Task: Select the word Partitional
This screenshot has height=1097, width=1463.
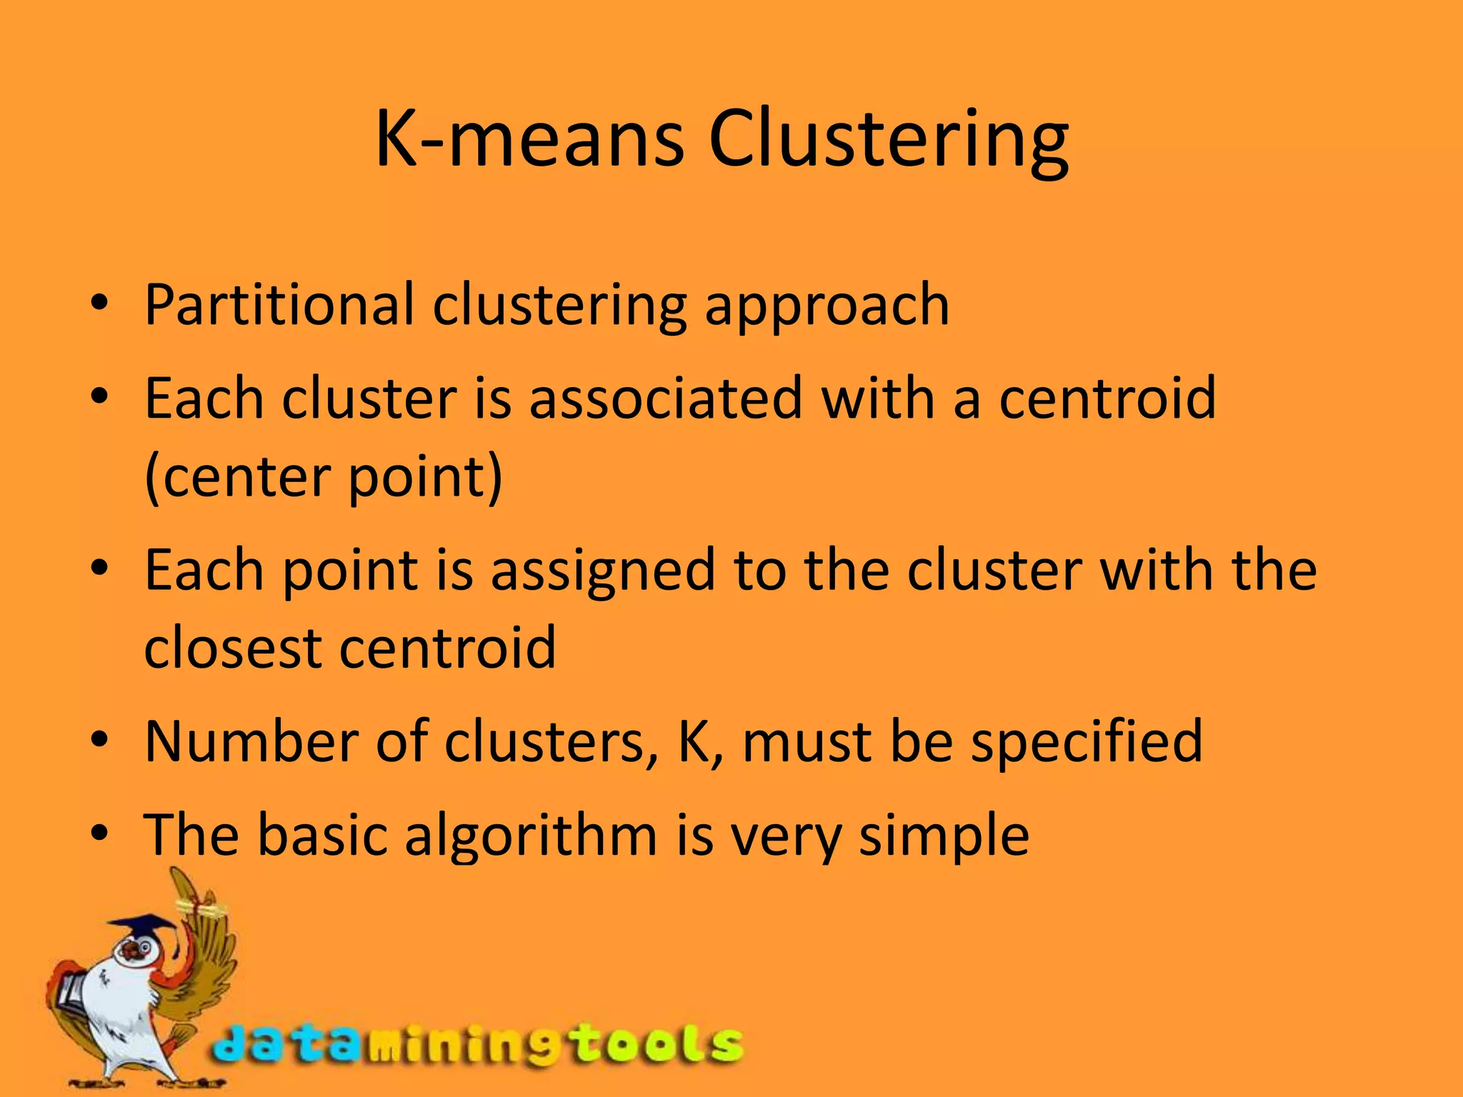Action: pos(279,305)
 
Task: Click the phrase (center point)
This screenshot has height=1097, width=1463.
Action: pos(324,477)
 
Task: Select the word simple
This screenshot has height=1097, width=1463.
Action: pos(944,837)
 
